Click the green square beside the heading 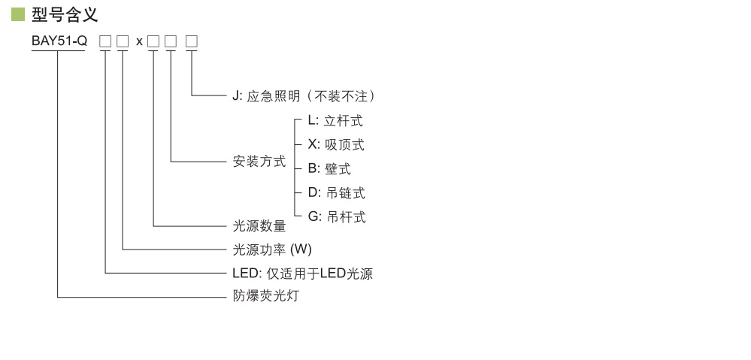pyautogui.click(x=18, y=14)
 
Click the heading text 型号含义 pyautogui.click(x=65, y=14)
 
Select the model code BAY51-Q pyautogui.click(x=59, y=41)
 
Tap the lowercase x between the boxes pyautogui.click(x=139, y=42)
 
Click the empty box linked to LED pyautogui.click(x=105, y=41)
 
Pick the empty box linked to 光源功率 pyautogui.click(x=123, y=41)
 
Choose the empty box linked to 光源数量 pyautogui.click(x=153, y=41)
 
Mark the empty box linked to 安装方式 pyautogui.click(x=171, y=41)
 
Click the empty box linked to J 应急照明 pyautogui.click(x=192, y=41)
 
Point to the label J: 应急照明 pyautogui.click(x=304, y=96)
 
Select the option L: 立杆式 pyautogui.click(x=335, y=120)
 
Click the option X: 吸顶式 pyautogui.click(x=336, y=144)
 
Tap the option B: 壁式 pyautogui.click(x=329, y=169)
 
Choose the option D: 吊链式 pyautogui.click(x=336, y=193)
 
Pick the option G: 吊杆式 pyautogui.click(x=337, y=217)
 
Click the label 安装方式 pyautogui.click(x=259, y=162)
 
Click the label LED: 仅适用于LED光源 pyautogui.click(x=302, y=274)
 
